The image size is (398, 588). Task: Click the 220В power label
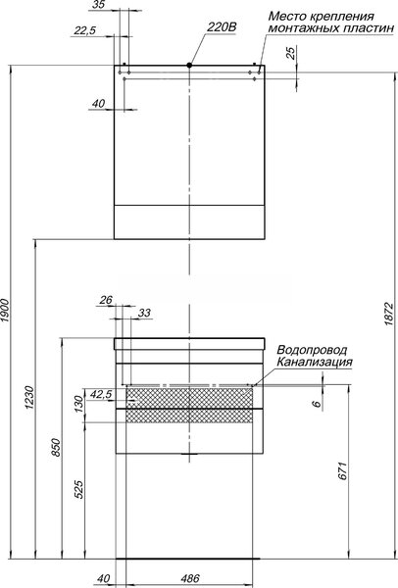[x=223, y=27]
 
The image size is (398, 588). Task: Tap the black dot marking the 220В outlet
[x=189, y=66]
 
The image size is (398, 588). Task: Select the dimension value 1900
[x=5, y=310]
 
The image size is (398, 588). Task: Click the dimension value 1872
[x=388, y=314]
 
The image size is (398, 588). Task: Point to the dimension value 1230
[x=29, y=397]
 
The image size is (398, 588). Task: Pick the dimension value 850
[x=56, y=447]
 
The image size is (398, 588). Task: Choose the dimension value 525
[x=78, y=489]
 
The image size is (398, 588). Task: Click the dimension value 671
[x=343, y=471]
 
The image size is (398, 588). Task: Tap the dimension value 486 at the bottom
[x=190, y=578]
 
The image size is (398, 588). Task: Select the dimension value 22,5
[x=84, y=30]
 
